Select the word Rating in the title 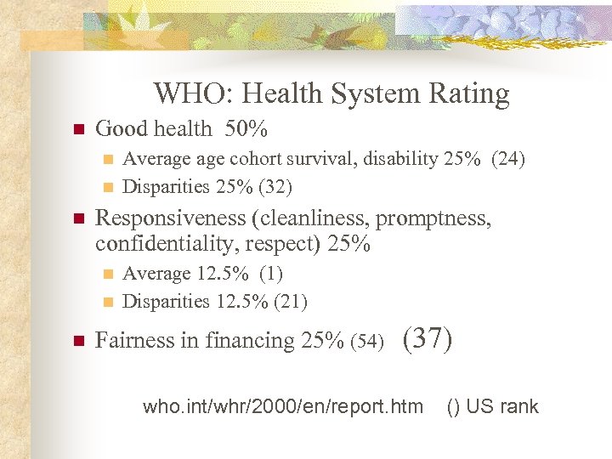[x=469, y=93]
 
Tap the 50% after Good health [x=246, y=129]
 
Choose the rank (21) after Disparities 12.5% [x=288, y=301]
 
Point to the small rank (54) [x=366, y=342]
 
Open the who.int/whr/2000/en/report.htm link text [x=282, y=406]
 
